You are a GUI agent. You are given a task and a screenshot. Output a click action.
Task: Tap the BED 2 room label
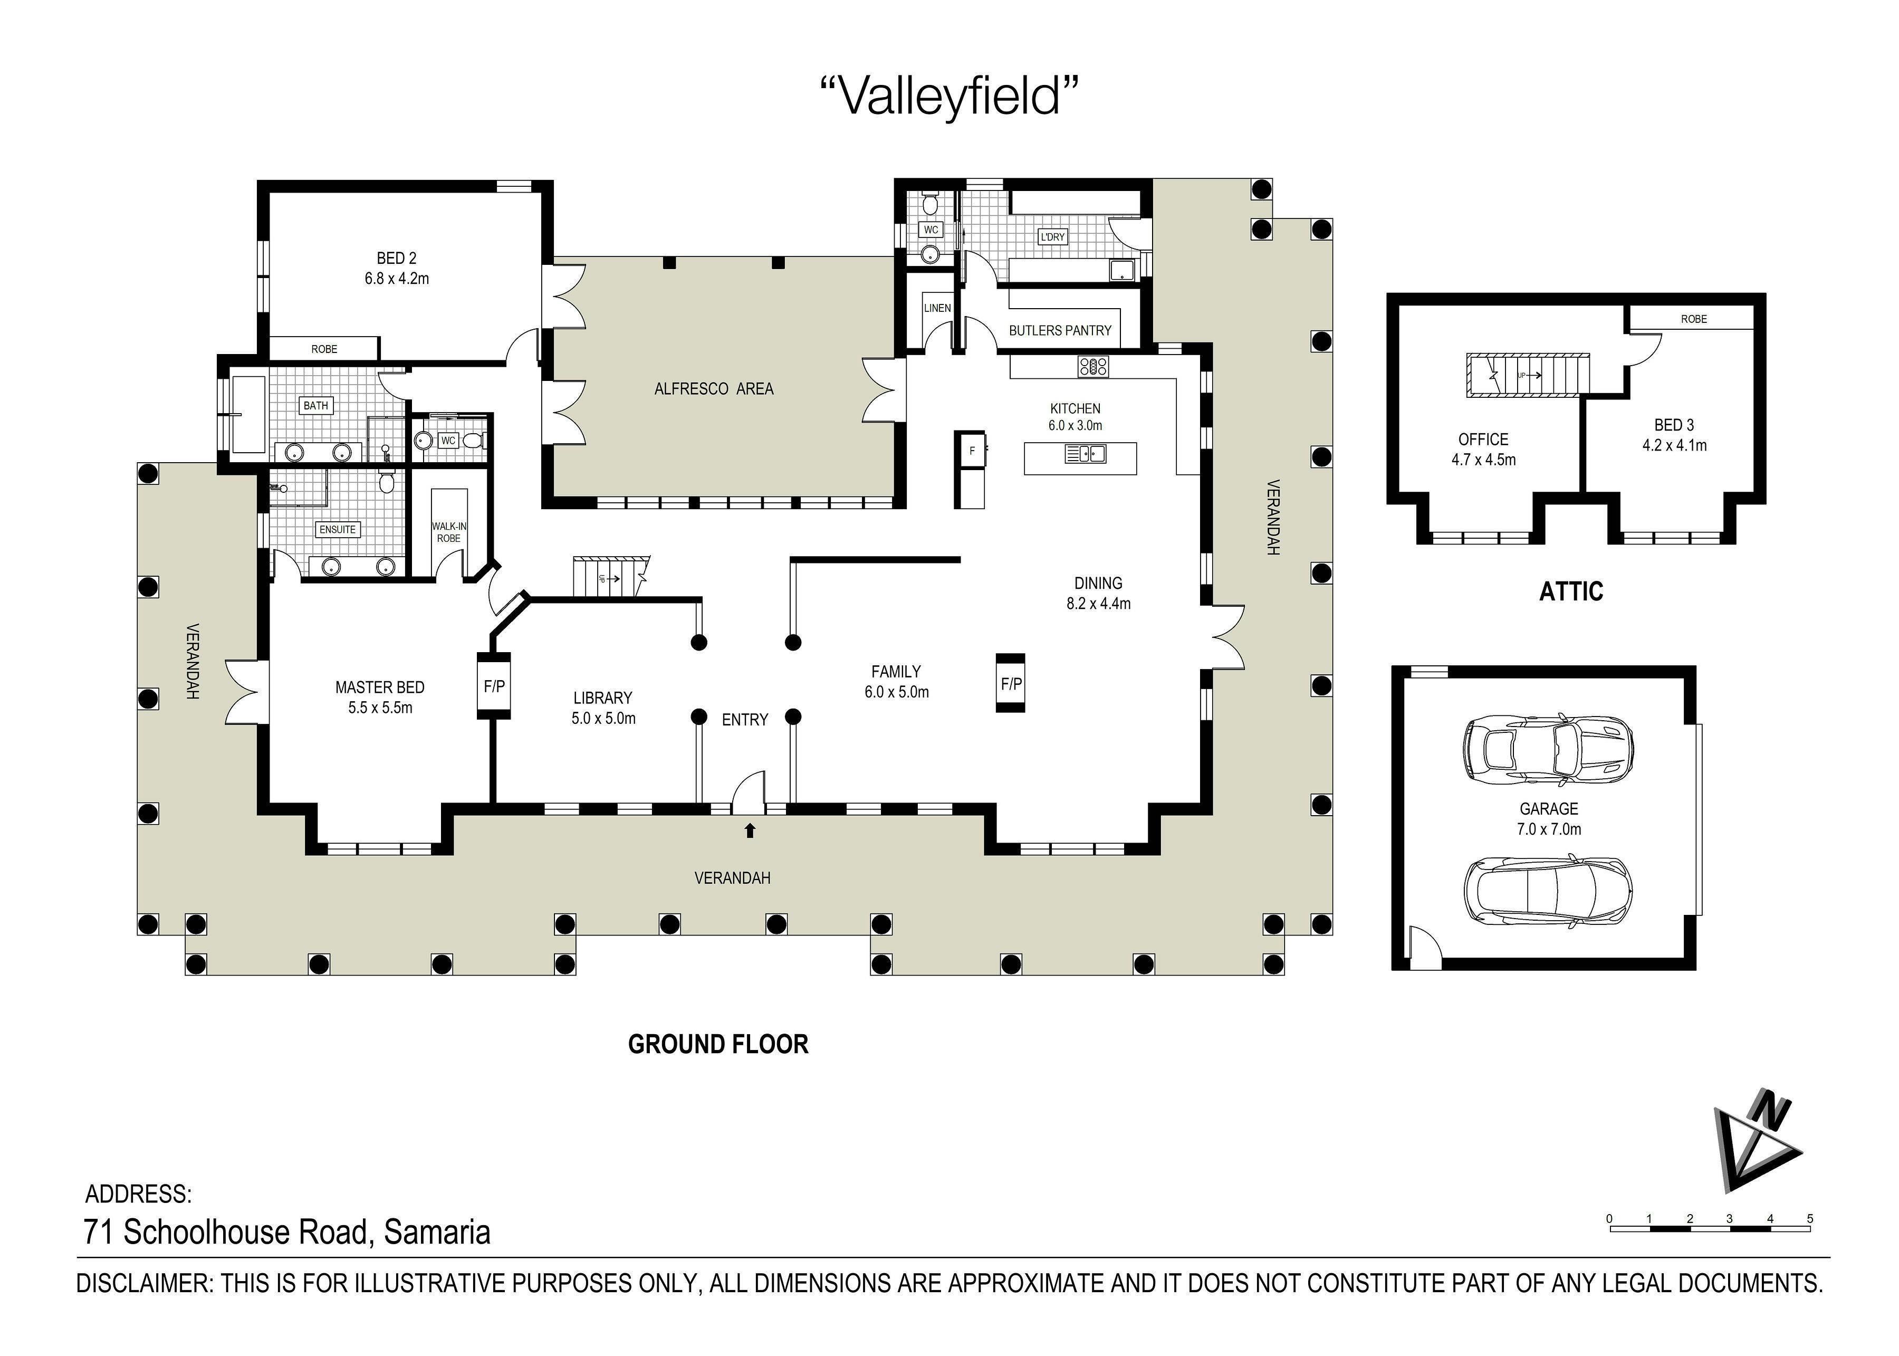397,268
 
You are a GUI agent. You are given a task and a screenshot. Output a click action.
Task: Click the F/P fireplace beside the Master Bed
494,685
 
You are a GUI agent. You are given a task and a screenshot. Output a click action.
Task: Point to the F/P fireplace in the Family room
1011,683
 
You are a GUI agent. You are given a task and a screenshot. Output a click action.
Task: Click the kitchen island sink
1085,453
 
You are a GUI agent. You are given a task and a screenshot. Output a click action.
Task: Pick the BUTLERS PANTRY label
1060,331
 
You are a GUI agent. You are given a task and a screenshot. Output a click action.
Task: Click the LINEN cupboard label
937,308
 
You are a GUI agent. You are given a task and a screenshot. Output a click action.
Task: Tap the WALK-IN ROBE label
448,532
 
